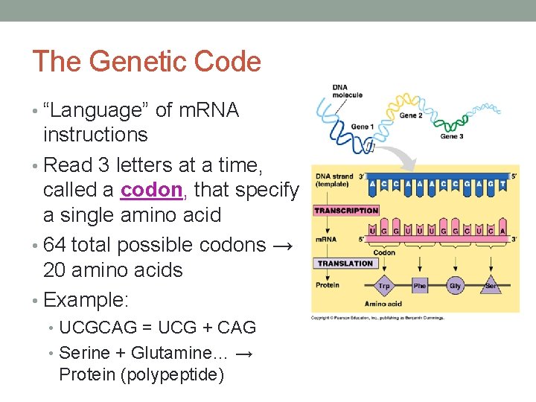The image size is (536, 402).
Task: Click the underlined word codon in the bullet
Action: click(153, 190)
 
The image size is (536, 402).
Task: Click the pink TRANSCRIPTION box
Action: click(346, 211)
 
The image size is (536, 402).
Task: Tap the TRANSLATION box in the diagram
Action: click(345, 263)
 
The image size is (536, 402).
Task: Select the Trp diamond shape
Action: click(384, 285)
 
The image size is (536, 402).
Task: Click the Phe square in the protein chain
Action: click(420, 285)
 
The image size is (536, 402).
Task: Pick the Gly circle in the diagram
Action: click(455, 285)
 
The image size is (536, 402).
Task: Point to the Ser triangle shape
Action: click(490, 285)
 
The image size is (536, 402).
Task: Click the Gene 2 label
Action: click(411, 115)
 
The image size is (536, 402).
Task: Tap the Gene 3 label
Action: click(451, 136)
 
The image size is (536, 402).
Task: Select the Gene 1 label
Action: click(362, 126)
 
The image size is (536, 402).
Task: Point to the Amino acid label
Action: click(383, 304)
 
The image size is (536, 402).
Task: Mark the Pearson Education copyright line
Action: click(377, 318)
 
